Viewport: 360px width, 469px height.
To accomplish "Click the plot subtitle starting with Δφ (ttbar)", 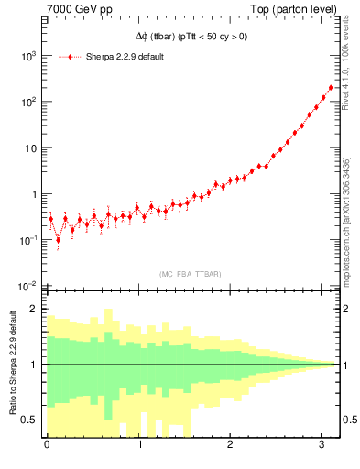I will (191, 38).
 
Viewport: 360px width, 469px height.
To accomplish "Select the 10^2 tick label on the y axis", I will (27, 102).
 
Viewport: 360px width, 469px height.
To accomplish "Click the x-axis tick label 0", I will (47, 446).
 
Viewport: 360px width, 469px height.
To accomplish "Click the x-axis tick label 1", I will (139, 446).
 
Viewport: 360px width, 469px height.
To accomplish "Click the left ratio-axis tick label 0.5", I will (30, 420).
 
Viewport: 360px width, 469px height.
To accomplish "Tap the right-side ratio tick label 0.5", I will (348, 420).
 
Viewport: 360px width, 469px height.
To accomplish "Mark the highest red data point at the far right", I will (330, 88).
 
